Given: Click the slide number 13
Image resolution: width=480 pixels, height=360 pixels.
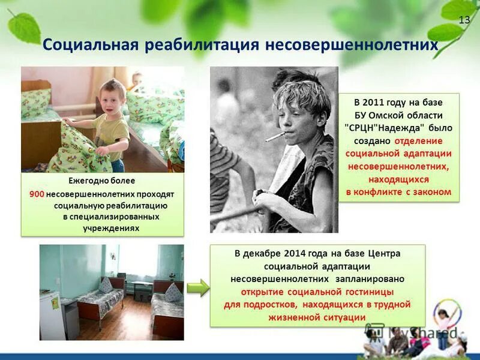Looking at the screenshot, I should click(464, 20).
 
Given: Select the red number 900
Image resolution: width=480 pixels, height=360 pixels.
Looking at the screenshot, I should click(37, 194).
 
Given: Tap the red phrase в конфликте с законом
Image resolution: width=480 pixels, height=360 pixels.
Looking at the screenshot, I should click(398, 192).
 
